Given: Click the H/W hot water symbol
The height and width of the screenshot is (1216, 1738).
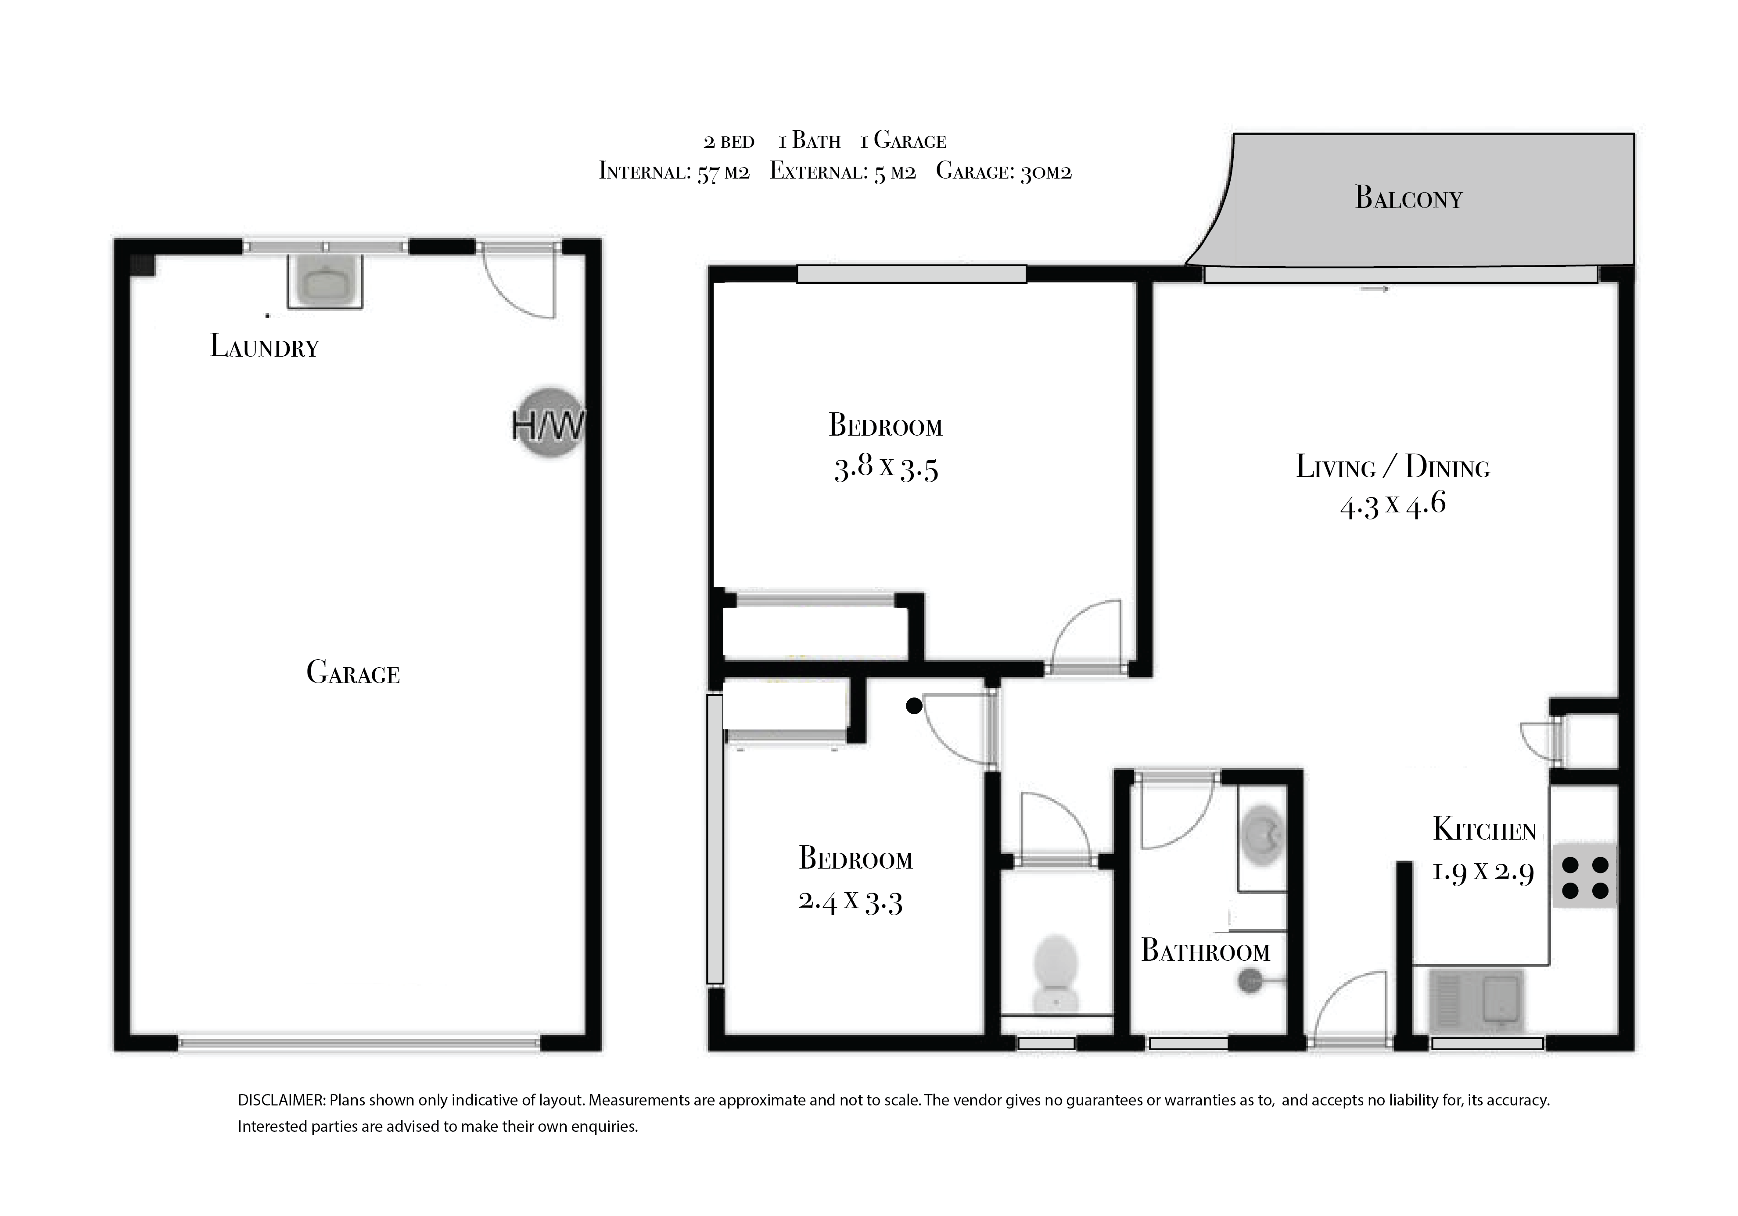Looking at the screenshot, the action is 549,424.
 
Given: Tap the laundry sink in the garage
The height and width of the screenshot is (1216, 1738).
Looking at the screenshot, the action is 325,282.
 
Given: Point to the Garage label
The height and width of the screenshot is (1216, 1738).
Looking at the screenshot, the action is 353,672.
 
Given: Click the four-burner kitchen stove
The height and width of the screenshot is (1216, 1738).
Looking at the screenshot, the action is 1585,876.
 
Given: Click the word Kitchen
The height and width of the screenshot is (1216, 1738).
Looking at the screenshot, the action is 1484,830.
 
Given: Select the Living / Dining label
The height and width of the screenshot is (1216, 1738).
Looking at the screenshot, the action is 1393,466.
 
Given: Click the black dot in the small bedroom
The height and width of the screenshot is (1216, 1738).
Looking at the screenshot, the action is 914,706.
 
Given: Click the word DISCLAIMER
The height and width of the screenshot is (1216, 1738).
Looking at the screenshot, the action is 282,1100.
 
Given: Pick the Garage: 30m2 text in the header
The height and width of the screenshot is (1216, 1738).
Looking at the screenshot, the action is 1004,172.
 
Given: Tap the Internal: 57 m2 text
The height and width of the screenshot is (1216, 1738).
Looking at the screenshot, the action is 674,172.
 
